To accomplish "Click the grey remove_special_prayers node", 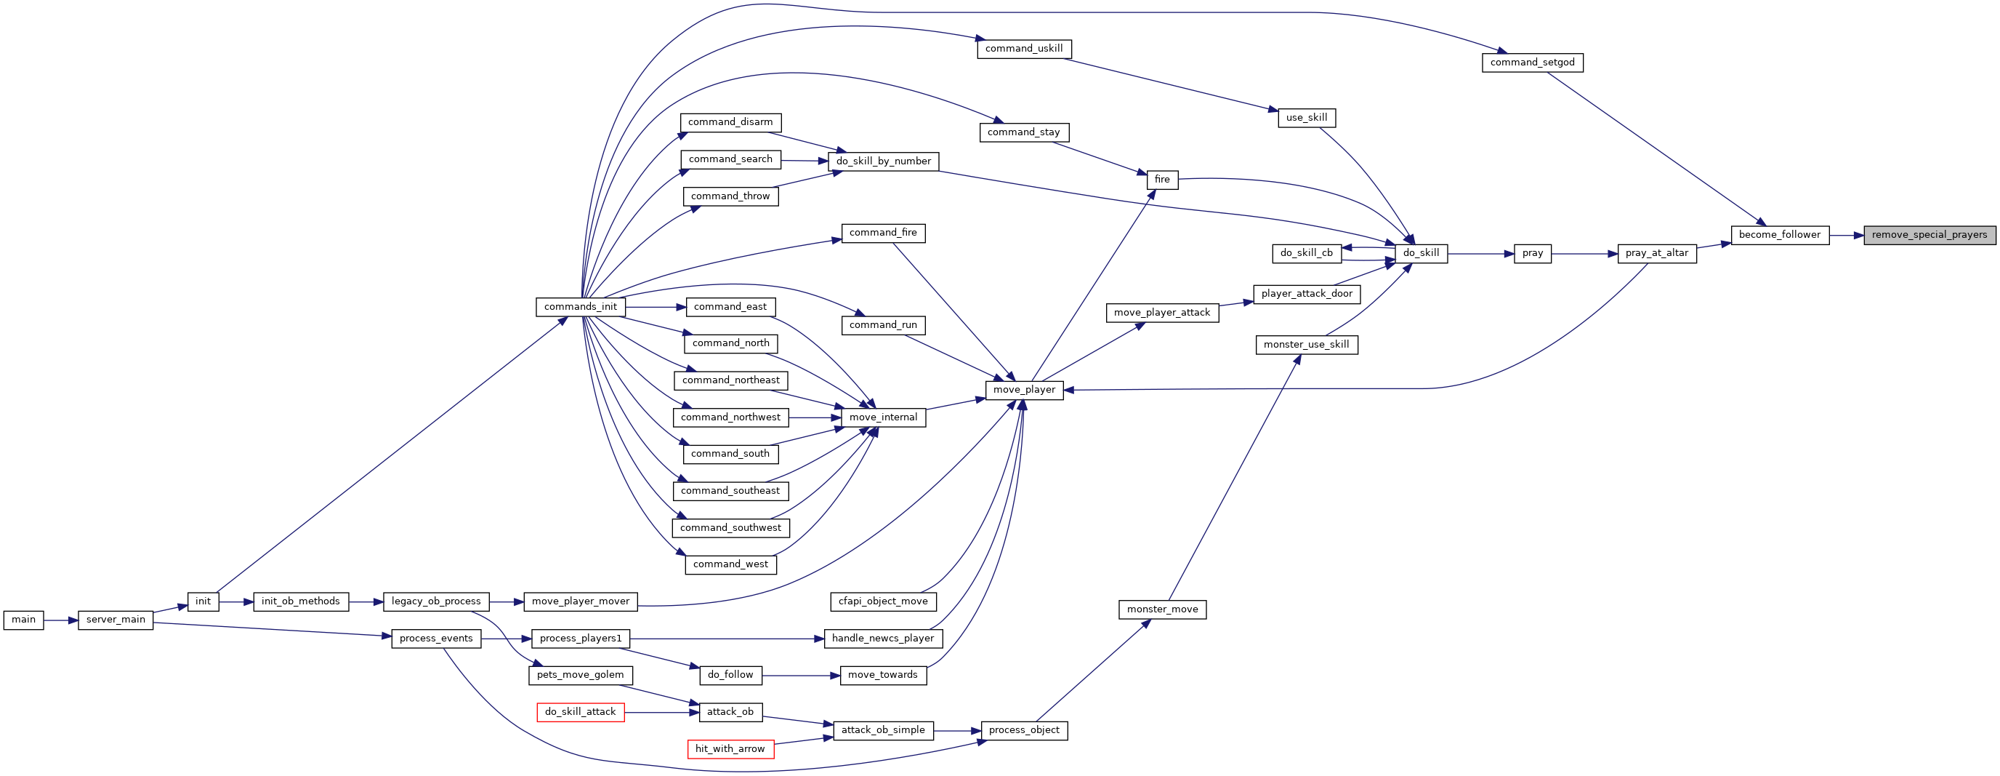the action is click(x=1930, y=235).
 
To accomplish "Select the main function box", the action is click(x=23, y=620).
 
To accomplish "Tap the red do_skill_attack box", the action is click(x=581, y=712).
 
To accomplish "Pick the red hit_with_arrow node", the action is click(x=730, y=749).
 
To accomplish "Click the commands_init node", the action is click(x=581, y=307).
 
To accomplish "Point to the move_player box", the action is click(x=1024, y=390).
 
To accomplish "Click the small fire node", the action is click(x=1162, y=180).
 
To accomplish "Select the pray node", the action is click(x=1533, y=253).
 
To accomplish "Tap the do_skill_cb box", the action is click(x=1307, y=253).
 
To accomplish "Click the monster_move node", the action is click(x=1162, y=609).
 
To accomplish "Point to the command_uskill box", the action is click(x=1024, y=49).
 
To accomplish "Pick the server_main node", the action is click(x=116, y=620).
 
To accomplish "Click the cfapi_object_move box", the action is click(x=883, y=601).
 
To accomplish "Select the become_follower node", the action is click(x=1780, y=235).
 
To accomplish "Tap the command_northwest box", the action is click(x=730, y=418).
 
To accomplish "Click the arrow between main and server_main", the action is click(x=60, y=620).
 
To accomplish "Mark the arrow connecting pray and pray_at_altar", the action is click(x=1584, y=253).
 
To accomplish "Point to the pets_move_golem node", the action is click(x=581, y=675).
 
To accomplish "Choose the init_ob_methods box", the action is click(x=300, y=601).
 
